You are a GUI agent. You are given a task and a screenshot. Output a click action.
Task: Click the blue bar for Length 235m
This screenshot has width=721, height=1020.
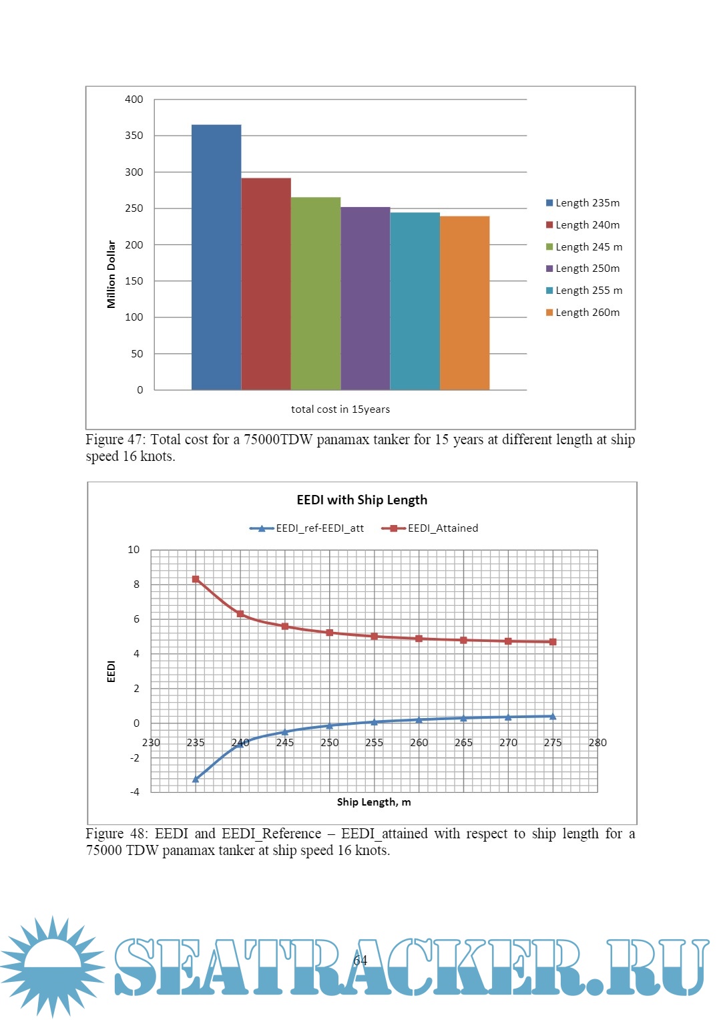pyautogui.click(x=216, y=257)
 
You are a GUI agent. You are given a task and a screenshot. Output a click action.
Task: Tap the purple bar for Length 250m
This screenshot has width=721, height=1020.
pyautogui.click(x=365, y=298)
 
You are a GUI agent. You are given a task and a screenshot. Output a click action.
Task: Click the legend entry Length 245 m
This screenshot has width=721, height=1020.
pyautogui.click(x=584, y=247)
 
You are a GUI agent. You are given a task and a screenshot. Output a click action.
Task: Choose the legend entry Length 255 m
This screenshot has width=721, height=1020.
pyautogui.click(x=584, y=291)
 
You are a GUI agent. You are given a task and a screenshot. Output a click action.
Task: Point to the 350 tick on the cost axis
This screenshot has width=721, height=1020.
pyautogui.click(x=134, y=136)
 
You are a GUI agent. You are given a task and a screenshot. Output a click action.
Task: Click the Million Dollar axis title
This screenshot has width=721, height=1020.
pyautogui.click(x=111, y=274)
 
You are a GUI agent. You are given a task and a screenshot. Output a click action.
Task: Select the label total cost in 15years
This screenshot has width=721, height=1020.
pyautogui.click(x=340, y=409)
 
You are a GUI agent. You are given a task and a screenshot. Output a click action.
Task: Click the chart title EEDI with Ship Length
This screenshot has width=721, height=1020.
pyautogui.click(x=362, y=500)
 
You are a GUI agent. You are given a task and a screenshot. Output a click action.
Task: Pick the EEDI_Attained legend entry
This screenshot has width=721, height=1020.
pyautogui.click(x=430, y=528)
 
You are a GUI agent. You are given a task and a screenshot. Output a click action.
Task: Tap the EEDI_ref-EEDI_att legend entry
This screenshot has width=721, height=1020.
pyautogui.click(x=307, y=528)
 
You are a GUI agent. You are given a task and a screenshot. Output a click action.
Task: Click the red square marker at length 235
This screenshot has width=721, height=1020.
pyautogui.click(x=196, y=579)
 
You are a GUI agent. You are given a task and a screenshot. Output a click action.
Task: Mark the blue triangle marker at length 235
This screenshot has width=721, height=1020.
pyautogui.click(x=196, y=779)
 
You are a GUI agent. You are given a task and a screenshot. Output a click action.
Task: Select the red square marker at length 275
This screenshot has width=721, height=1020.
pyautogui.click(x=553, y=642)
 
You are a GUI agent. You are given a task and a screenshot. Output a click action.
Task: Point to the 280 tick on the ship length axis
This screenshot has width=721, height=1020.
pyautogui.click(x=597, y=743)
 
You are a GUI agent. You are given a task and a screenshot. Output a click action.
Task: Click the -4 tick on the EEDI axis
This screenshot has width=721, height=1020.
pyautogui.click(x=135, y=792)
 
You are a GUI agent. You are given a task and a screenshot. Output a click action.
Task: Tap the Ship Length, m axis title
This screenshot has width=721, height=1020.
pyautogui.click(x=374, y=802)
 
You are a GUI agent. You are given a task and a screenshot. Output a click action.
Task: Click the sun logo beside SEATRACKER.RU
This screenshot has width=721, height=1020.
pyautogui.click(x=51, y=965)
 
